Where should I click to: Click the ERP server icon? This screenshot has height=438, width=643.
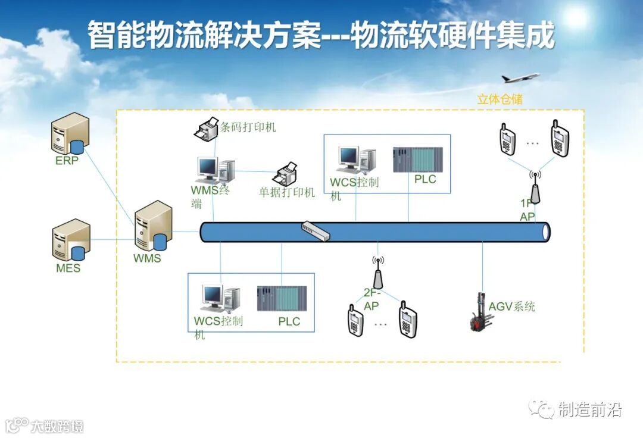(x=70, y=134)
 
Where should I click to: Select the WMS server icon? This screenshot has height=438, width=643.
(x=153, y=227)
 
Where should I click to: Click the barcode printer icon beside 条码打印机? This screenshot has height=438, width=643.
(x=207, y=129)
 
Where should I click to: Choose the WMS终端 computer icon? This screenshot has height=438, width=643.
(x=216, y=170)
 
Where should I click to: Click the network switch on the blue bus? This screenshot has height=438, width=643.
(x=315, y=231)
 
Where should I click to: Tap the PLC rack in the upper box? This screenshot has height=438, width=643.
(x=418, y=159)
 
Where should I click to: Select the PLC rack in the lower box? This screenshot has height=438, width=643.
(x=282, y=299)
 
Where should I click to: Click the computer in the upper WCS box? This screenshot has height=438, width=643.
(x=357, y=160)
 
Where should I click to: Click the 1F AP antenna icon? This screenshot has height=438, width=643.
(x=535, y=187)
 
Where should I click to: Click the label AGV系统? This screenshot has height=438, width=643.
(x=511, y=307)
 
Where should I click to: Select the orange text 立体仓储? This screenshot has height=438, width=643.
(x=500, y=99)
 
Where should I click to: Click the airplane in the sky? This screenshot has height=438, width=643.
(x=519, y=78)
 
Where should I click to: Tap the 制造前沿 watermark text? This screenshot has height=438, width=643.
(x=589, y=409)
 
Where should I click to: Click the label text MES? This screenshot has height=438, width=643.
(x=68, y=268)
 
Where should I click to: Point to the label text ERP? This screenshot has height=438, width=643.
(x=67, y=161)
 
